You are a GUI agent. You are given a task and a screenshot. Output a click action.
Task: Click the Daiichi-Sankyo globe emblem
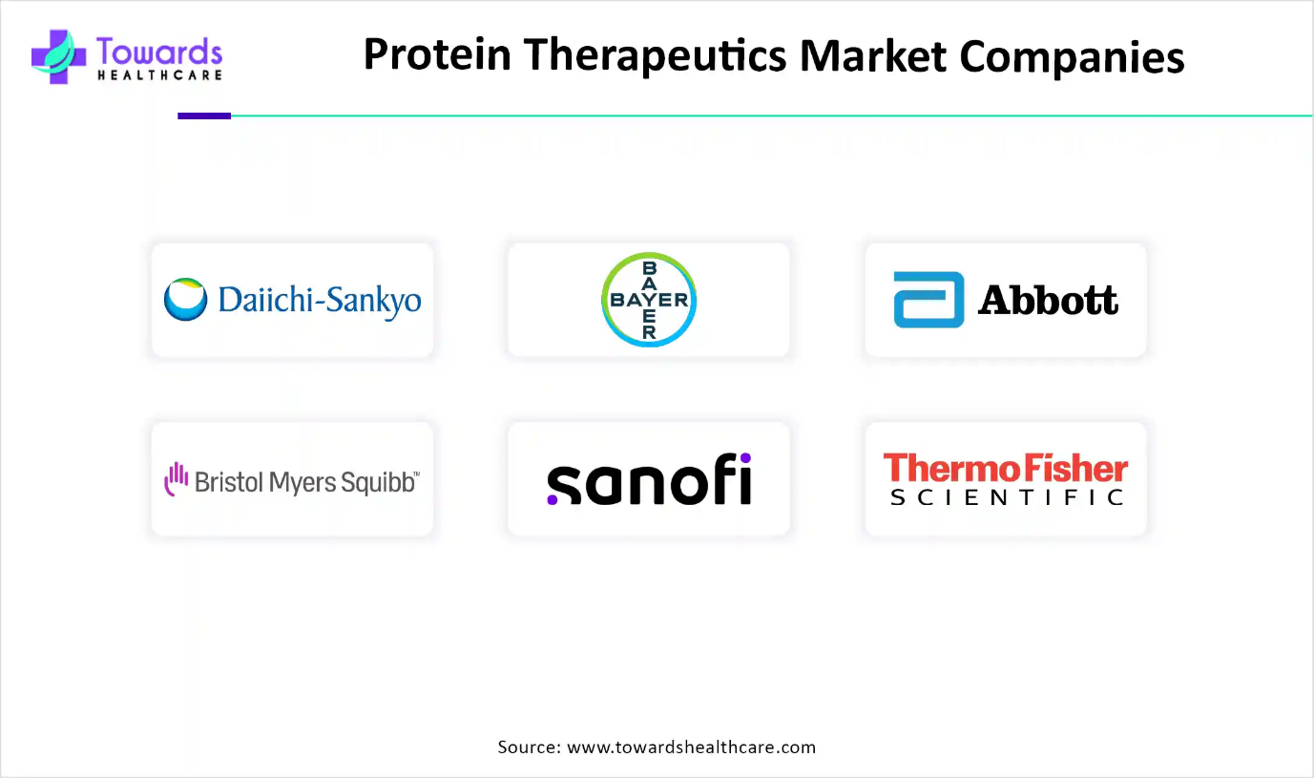[185, 299]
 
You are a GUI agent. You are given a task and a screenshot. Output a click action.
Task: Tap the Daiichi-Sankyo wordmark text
[320, 301]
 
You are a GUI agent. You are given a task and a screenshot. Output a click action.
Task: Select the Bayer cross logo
[649, 299]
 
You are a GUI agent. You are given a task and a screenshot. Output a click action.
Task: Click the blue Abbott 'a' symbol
[928, 299]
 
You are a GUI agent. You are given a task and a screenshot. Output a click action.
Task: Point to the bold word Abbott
[1048, 300]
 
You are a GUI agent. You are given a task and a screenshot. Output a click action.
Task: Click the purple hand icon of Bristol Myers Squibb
[176, 479]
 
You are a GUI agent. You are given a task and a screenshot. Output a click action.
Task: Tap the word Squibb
[379, 482]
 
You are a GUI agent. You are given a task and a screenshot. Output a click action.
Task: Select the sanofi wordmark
[649, 479]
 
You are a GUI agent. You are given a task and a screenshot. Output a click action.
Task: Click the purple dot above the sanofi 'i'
[745, 457]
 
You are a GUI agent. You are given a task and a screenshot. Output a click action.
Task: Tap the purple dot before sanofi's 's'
[552, 499]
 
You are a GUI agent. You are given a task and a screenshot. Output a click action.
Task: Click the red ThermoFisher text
[1006, 468]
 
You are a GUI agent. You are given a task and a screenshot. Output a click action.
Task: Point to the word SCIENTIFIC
[1006, 498]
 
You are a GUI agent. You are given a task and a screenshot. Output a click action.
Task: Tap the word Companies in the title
[1072, 57]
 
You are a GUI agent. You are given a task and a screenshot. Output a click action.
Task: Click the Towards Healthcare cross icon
[58, 56]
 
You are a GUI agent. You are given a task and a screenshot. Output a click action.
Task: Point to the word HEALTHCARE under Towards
[159, 75]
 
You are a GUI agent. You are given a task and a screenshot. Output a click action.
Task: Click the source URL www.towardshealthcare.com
[691, 746]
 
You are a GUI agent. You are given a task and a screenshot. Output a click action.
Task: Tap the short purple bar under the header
[204, 116]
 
